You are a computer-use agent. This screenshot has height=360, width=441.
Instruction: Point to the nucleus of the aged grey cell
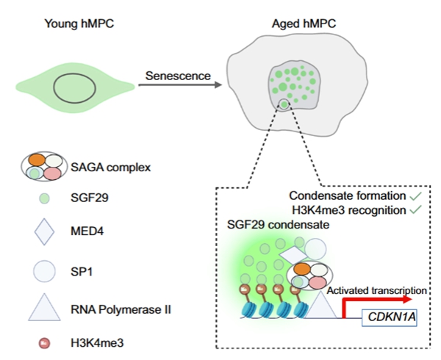[293, 87]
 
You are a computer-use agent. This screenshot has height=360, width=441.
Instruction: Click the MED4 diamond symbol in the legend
[44, 233]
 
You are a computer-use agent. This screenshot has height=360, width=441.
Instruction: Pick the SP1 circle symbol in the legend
[44, 272]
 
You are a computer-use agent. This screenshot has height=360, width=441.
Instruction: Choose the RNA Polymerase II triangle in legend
[44, 309]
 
